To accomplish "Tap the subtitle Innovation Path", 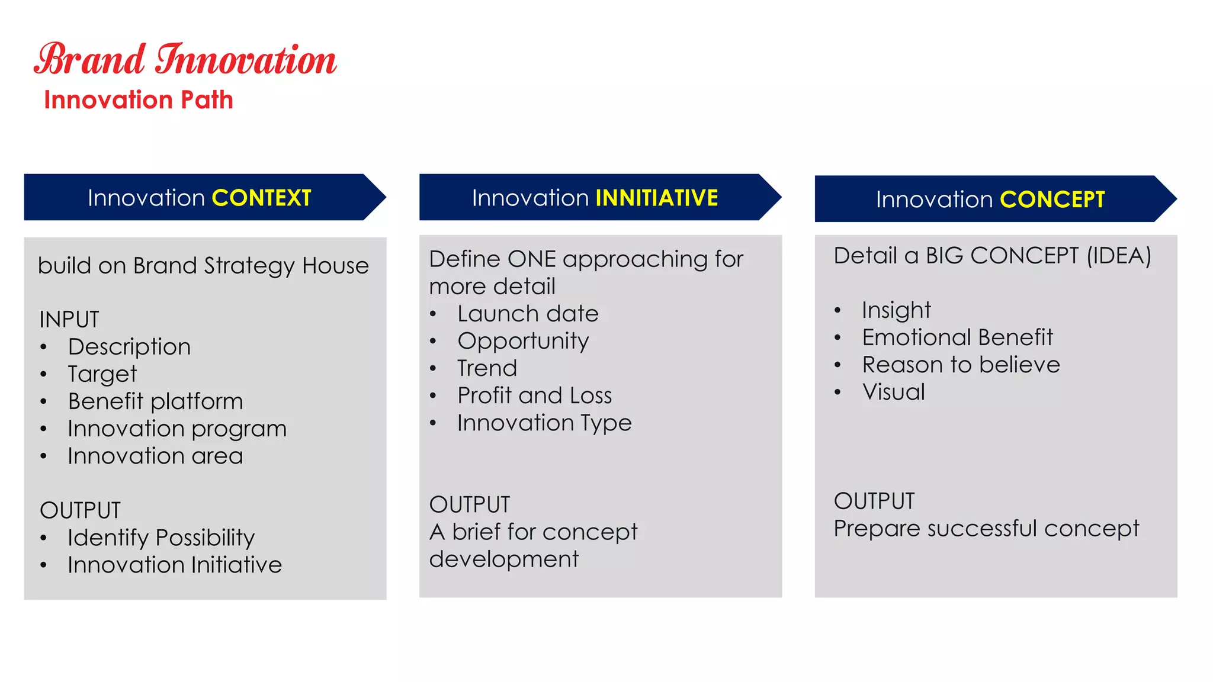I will point(139,100).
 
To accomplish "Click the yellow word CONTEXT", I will point(261,198).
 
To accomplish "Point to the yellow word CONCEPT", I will point(1052,200).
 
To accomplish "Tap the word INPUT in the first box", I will point(69,320).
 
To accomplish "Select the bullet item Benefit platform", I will point(155,401).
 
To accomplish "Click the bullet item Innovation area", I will point(155,456).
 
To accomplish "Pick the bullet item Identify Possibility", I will point(161,538).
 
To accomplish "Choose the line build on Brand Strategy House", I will point(203,266).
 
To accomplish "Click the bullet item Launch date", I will point(528,314).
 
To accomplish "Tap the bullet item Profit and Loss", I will point(534,395).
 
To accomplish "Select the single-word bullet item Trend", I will point(487,368).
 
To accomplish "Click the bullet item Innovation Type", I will point(544,423).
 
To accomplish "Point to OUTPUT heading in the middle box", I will point(470,504).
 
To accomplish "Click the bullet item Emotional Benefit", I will point(957,337).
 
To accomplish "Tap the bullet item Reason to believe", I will point(961,365).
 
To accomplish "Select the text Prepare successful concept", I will point(986,528).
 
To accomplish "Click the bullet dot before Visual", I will point(837,393).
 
